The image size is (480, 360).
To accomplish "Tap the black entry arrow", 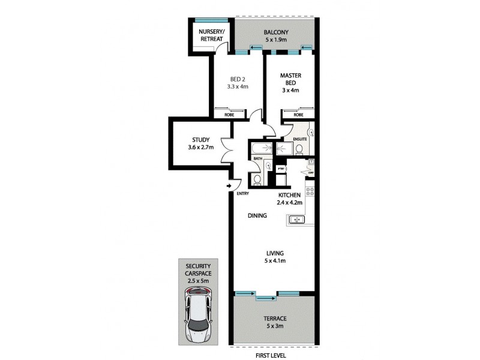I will [230, 186].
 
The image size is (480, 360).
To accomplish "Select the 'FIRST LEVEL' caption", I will [272, 354].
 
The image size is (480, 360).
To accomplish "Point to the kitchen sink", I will [298, 220].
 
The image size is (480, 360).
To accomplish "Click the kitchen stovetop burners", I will [310, 191].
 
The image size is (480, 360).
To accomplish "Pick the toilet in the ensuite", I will [298, 148].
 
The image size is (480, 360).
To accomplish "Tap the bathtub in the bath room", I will [261, 148].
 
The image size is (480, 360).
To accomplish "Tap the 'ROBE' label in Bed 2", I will [229, 115].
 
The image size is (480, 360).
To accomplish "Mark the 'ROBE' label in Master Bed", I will [298, 115].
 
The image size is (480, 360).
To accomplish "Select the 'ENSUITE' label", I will [300, 139].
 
